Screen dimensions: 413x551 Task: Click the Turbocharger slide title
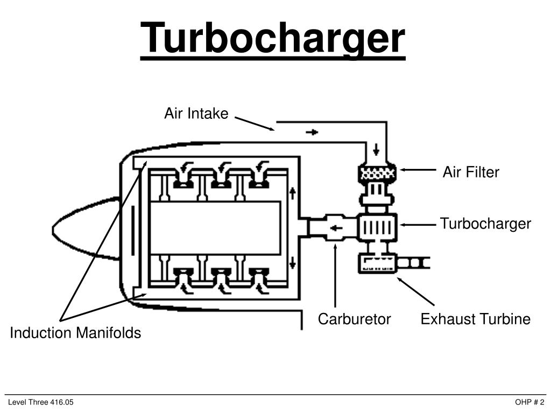tap(273, 38)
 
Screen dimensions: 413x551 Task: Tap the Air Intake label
tap(196, 114)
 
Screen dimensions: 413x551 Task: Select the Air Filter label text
tap(471, 172)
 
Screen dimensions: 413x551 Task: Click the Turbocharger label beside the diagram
tap(485, 224)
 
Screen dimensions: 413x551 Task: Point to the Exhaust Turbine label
tap(475, 319)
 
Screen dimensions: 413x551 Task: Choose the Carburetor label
tap(354, 319)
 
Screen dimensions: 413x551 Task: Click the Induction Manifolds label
tap(75, 333)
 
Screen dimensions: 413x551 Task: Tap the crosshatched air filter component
tap(377, 173)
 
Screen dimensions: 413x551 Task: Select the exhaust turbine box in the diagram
tap(377, 264)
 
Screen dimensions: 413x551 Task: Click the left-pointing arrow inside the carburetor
tap(336, 228)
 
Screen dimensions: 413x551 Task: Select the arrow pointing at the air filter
tap(417, 169)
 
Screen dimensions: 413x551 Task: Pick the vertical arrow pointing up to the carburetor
tap(335, 274)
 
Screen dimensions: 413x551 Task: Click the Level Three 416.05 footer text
tap(40, 403)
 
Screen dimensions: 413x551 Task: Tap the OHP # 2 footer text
tap(529, 403)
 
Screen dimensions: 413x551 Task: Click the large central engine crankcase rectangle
tap(215, 228)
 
